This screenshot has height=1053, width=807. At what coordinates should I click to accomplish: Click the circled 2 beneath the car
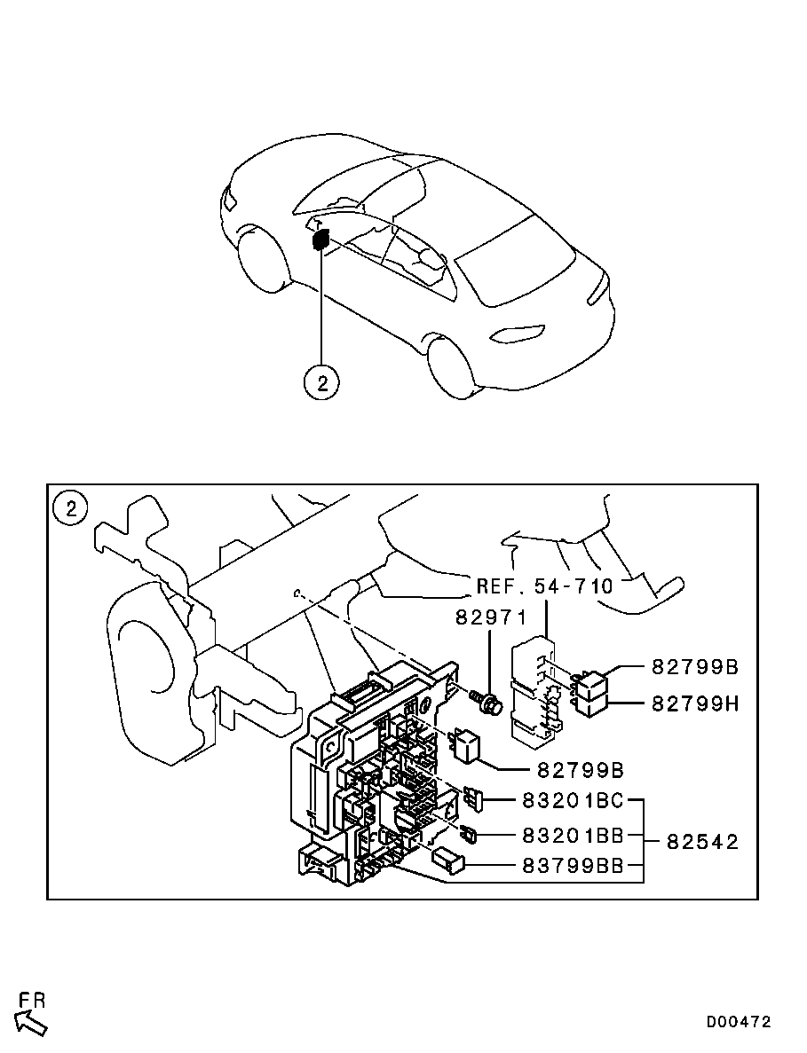pos(321,382)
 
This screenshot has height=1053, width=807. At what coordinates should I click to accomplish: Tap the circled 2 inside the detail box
pos(71,508)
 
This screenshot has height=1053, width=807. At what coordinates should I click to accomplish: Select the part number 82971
pos(492,617)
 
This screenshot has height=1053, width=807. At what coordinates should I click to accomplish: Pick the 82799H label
pos(695,703)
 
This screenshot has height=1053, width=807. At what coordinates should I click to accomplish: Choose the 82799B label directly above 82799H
pos(695,667)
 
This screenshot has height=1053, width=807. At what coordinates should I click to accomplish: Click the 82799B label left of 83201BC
pos(580,769)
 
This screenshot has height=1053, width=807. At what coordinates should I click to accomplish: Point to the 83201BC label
pos(573,802)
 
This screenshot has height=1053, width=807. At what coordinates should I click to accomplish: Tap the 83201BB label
pos(573,835)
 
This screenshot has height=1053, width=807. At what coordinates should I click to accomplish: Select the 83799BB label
pos(573,867)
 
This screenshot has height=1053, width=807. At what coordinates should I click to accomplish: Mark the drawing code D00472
pos(739,1022)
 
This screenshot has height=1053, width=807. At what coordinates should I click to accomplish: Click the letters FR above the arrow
pos(33,1000)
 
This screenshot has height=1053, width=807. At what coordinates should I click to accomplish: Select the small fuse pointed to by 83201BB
pos(469,834)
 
